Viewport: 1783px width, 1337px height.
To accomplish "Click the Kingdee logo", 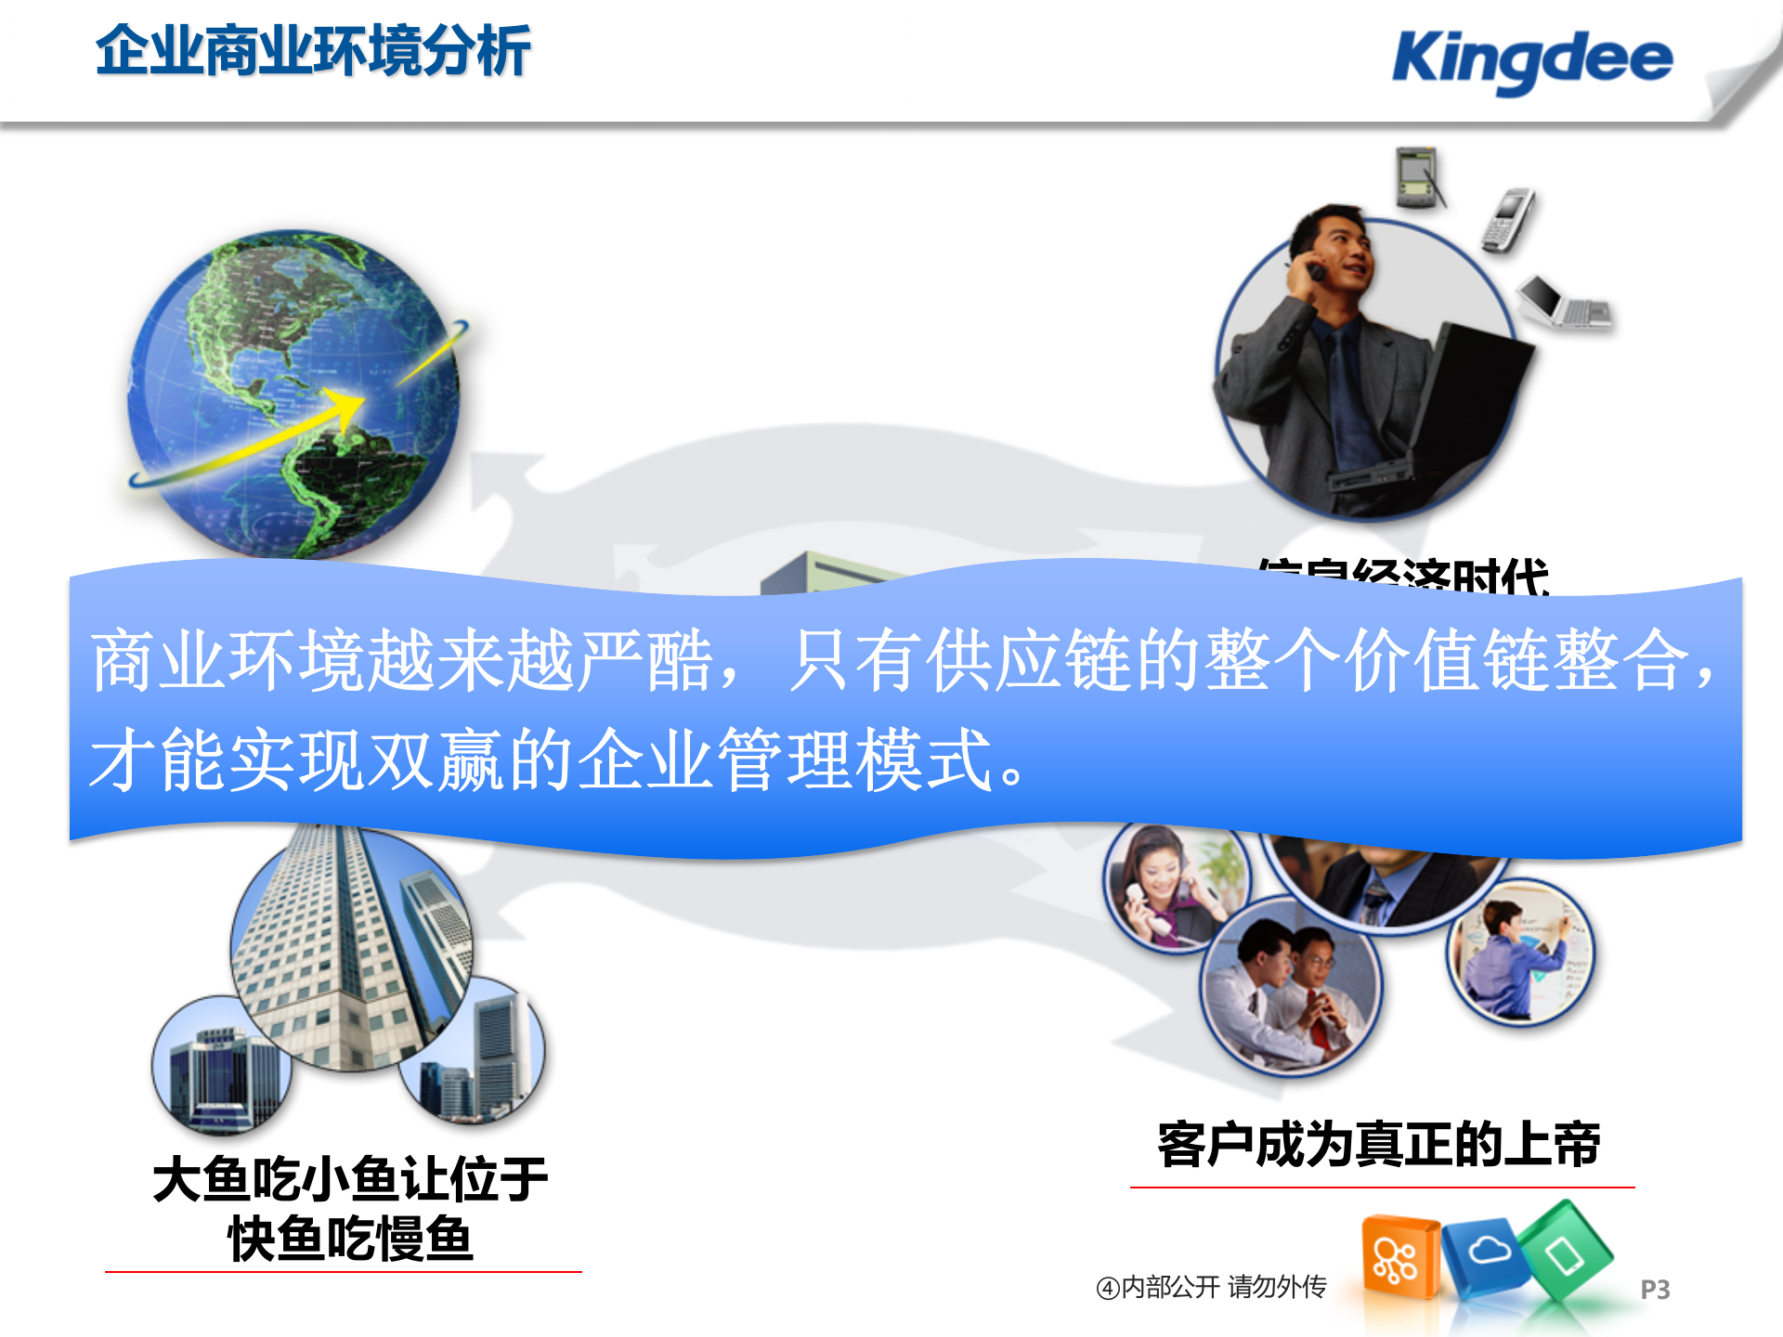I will [x=1532, y=59].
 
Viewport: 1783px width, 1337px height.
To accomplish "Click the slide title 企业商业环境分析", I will [x=313, y=50].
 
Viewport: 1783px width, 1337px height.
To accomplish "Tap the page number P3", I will [x=1655, y=1290].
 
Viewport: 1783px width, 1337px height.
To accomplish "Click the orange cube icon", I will [x=1399, y=1258].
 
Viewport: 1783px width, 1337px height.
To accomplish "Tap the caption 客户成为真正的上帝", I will [x=1379, y=1144].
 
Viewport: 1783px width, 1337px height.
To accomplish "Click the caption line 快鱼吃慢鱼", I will [x=350, y=1239].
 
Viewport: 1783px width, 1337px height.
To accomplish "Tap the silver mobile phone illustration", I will [x=1508, y=220].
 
